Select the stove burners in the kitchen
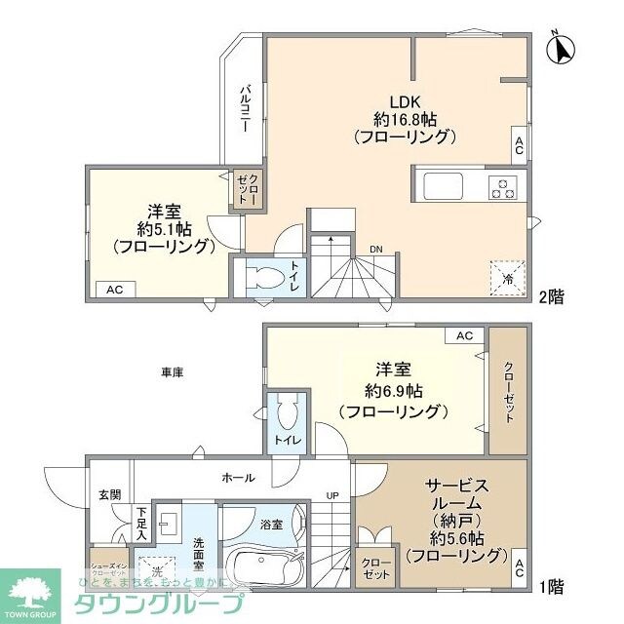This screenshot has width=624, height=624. (504, 185)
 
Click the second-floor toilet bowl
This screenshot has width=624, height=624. (261, 277)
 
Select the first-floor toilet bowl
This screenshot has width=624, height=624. (287, 415)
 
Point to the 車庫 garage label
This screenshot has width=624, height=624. (174, 371)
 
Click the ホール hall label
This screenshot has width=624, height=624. (239, 478)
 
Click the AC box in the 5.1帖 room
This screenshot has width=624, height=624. (115, 289)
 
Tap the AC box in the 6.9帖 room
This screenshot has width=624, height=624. (465, 335)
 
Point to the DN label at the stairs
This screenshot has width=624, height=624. (375, 249)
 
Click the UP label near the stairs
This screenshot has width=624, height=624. (332, 495)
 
